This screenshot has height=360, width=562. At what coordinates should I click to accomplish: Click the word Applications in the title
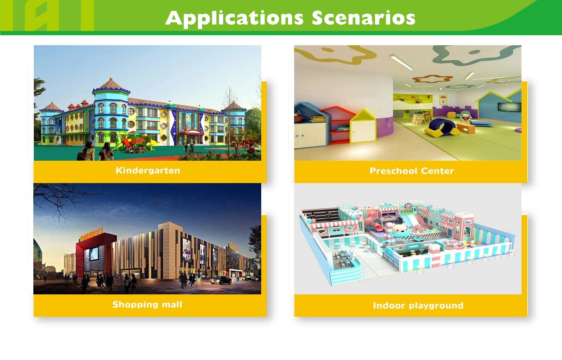coord(235,18)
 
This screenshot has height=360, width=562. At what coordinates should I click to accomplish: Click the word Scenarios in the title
coord(364,18)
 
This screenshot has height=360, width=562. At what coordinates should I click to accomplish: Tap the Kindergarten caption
coord(148,170)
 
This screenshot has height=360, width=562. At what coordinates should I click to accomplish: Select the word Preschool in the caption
coord(393,171)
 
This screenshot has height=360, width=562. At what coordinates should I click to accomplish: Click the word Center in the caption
coord(437,171)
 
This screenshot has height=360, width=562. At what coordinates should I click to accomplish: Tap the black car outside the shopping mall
coord(221,280)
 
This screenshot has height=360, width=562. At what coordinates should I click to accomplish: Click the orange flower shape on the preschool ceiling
coord(432,78)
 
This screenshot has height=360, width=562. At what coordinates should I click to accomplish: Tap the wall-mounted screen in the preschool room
coord(509,107)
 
